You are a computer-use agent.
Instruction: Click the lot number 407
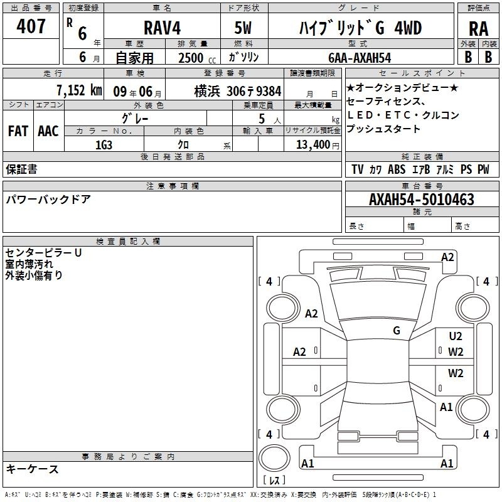click(31, 26)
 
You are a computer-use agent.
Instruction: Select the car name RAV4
click(163, 28)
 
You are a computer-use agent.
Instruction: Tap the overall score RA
click(479, 29)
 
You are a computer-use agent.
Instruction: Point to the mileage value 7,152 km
click(80, 90)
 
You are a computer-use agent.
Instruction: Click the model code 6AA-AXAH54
click(360, 58)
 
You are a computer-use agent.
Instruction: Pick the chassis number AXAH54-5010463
click(422, 200)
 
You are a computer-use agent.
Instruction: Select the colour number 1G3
click(104, 145)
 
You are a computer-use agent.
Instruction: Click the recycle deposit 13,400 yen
click(318, 145)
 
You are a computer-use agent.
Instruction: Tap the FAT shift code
click(18, 131)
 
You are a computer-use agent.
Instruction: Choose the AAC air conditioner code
click(48, 131)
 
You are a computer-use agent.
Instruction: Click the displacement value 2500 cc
click(197, 58)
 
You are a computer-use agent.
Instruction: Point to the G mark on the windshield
click(397, 331)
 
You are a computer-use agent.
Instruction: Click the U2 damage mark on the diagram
click(456, 336)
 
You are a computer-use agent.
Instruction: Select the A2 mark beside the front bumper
click(447, 257)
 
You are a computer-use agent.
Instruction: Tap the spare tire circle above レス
click(274, 458)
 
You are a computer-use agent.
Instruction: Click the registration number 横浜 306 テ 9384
click(238, 92)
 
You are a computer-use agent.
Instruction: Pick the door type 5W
click(243, 28)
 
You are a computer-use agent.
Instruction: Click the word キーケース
click(33, 469)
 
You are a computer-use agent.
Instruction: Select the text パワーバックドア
click(48, 199)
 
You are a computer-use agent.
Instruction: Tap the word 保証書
click(21, 169)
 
